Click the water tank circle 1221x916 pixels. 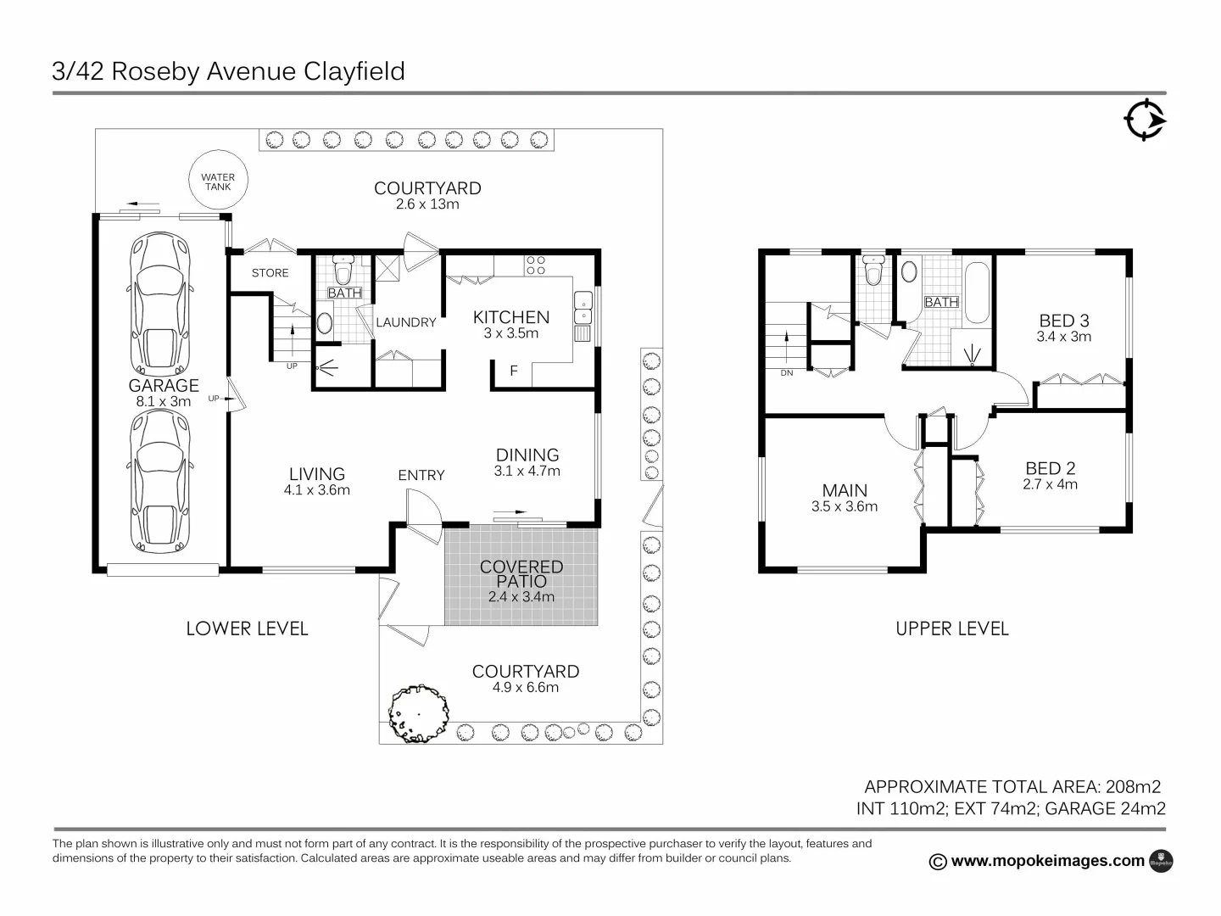coord(218,182)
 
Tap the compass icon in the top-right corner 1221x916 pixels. coord(1145,120)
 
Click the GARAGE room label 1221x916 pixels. coord(164,385)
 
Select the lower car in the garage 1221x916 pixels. coord(160,482)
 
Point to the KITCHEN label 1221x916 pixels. coord(510,317)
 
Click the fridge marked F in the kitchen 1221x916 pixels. coord(513,371)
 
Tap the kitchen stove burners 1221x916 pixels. coord(535,265)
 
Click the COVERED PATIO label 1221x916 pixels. coord(521,574)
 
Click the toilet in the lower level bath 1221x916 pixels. coord(343,271)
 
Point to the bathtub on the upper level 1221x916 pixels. coord(977,293)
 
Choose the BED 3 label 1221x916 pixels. coord(1064,321)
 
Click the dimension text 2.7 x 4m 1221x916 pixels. coord(1051,485)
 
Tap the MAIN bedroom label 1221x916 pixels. coord(845,490)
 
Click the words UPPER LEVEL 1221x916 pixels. coord(952,628)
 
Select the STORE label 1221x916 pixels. coord(270,273)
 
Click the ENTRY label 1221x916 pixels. coord(421,475)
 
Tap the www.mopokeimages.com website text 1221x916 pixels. coord(1047,861)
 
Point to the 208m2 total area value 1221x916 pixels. coord(1133,786)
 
